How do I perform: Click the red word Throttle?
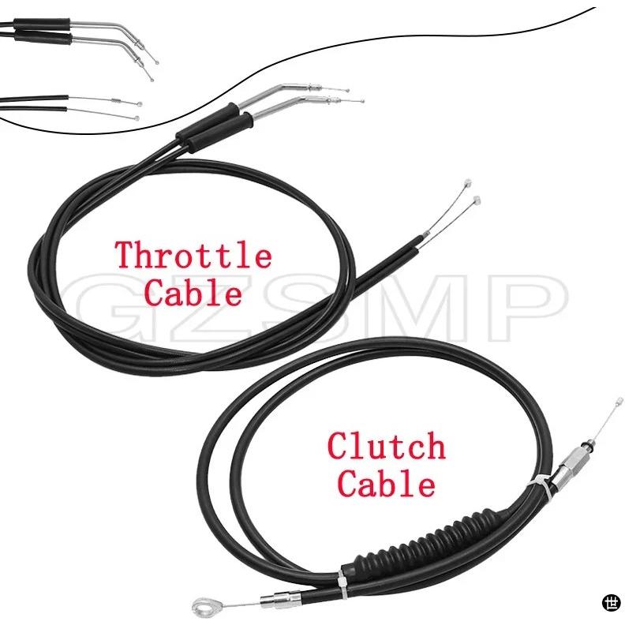pos(193,254)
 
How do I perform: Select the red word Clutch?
pos(386,446)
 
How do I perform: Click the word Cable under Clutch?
pos(386,483)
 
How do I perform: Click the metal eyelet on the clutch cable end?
pos(201,608)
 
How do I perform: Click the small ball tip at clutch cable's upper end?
pos(619,400)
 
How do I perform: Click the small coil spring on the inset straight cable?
pos(116,100)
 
